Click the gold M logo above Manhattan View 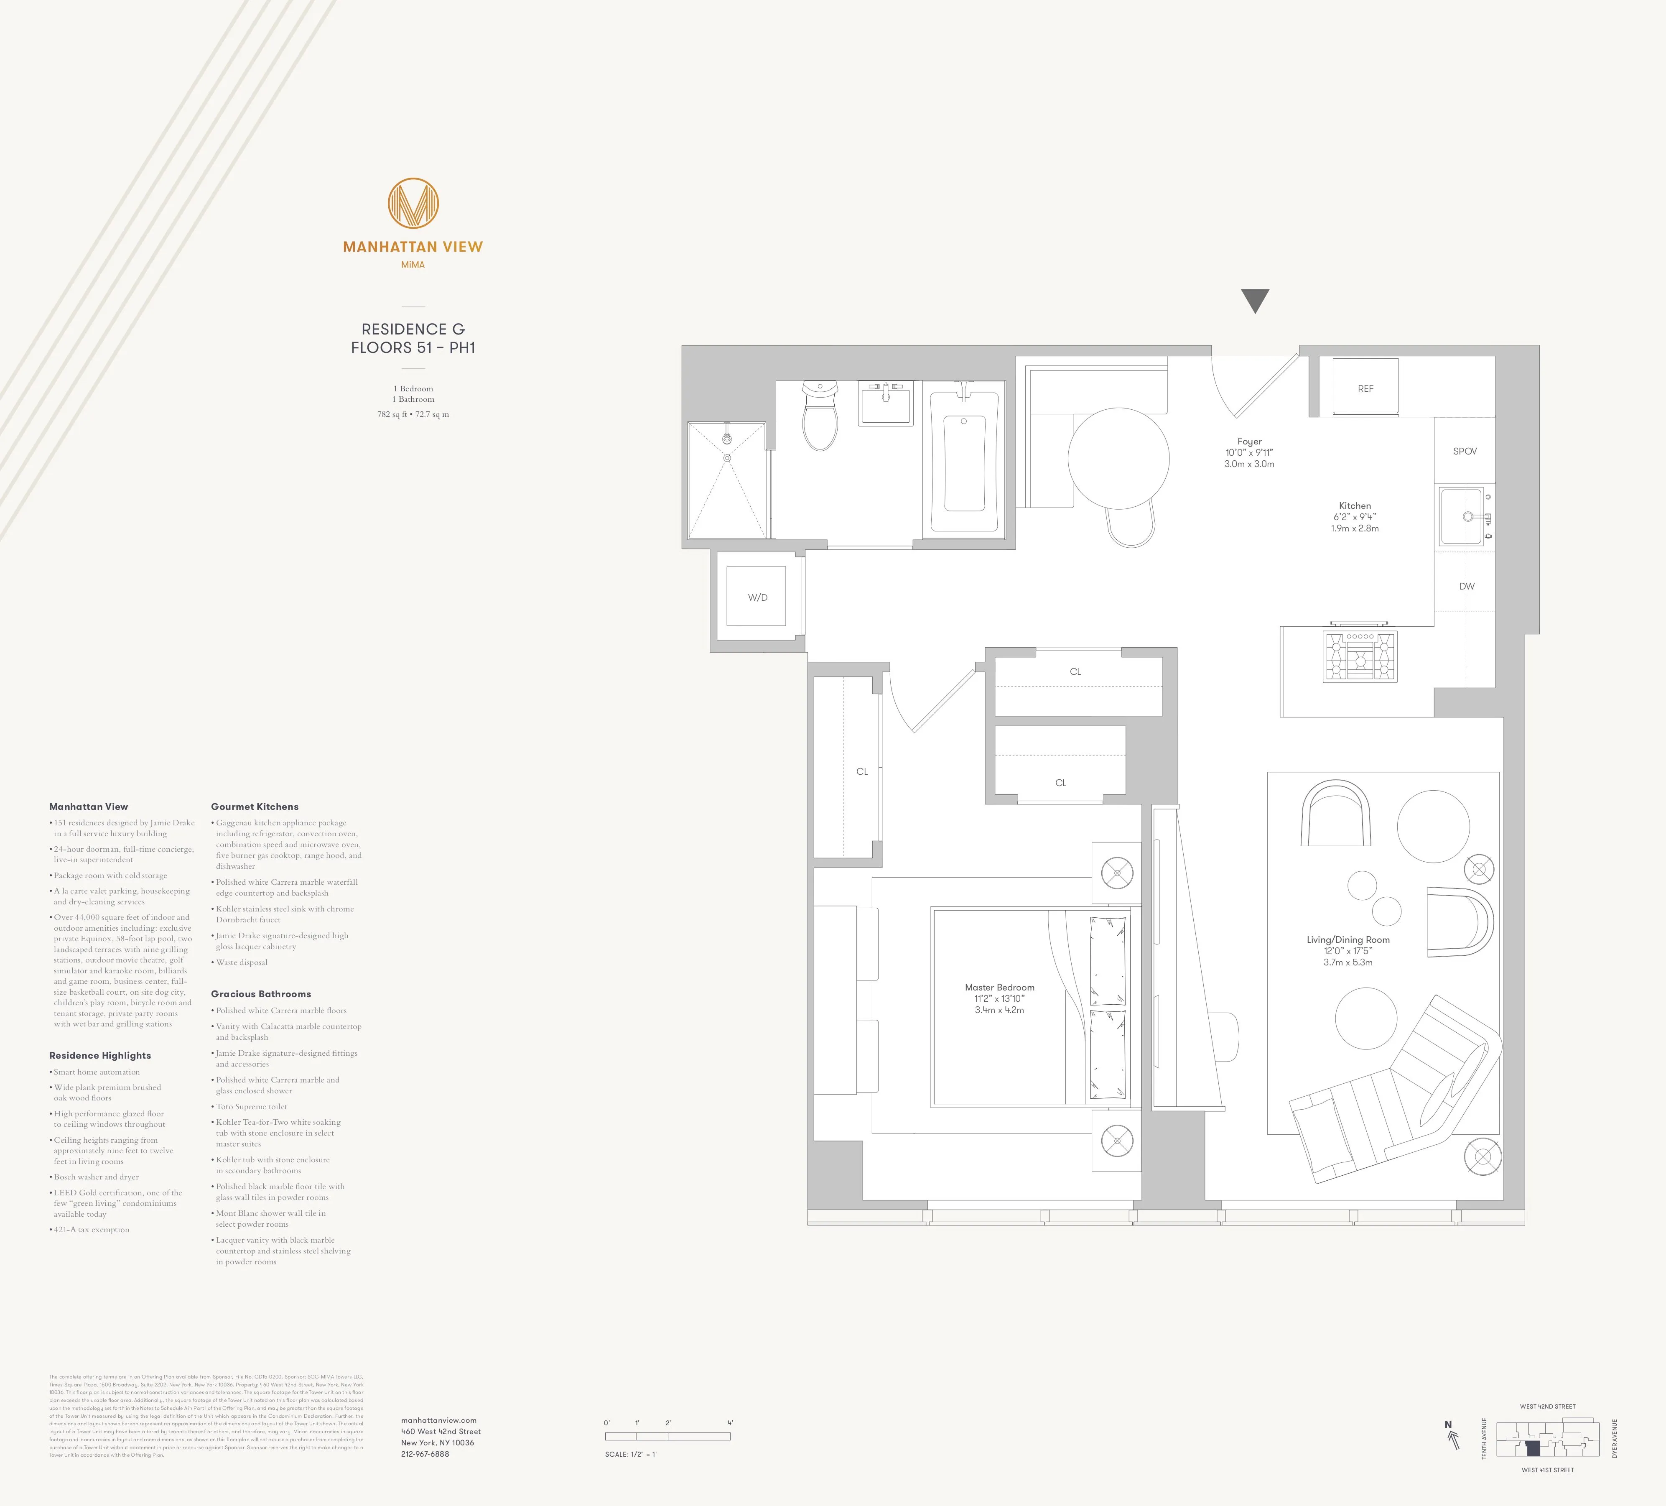click(x=413, y=203)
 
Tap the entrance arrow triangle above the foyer click(x=1254, y=299)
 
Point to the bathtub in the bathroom click(x=963, y=463)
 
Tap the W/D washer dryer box click(x=757, y=597)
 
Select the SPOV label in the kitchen click(x=1465, y=451)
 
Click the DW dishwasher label click(x=1467, y=586)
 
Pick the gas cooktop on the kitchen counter click(x=1360, y=656)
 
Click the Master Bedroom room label click(x=999, y=987)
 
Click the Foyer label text click(x=1249, y=442)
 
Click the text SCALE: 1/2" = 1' click(x=631, y=1454)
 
